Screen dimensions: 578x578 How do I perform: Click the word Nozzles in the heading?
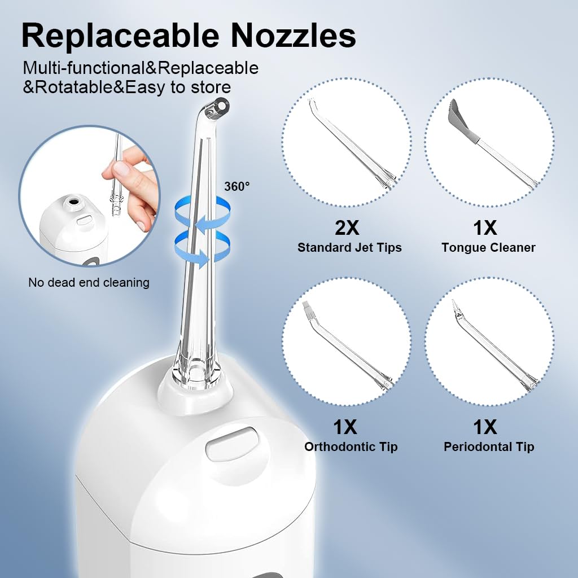tap(293, 36)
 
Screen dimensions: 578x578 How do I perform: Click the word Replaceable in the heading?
tap(121, 36)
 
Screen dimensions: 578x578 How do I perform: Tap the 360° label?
tap(237, 186)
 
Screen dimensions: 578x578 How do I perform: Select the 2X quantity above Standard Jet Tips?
tap(347, 228)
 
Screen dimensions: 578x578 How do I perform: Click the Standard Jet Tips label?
tap(349, 247)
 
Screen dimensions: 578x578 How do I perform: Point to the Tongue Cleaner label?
tap(488, 247)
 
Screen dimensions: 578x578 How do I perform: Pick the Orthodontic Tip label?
tap(351, 447)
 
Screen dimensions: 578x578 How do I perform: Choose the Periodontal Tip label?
tap(489, 447)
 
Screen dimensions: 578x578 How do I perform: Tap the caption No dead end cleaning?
tap(89, 283)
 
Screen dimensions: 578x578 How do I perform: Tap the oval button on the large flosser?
tap(231, 444)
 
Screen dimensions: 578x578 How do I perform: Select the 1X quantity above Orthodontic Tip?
tap(345, 427)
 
